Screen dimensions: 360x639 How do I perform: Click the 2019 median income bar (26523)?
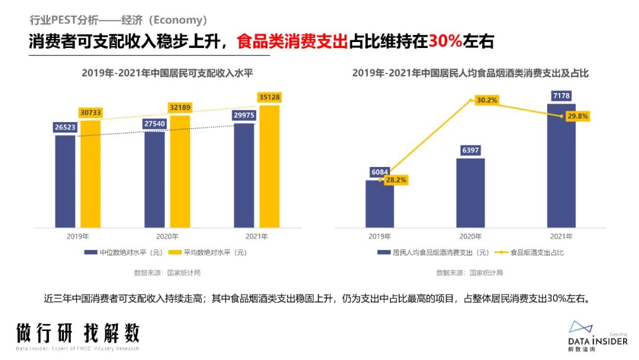(65, 181)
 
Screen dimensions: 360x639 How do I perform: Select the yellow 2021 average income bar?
(269, 166)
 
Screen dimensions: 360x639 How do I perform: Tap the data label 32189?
(180, 107)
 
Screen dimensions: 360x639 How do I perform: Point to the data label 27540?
(154, 123)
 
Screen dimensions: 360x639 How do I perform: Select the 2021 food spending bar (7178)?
(561, 166)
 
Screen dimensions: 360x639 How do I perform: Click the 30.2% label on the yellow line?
(486, 101)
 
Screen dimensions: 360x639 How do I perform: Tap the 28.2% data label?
(396, 180)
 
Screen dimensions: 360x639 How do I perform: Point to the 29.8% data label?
(577, 116)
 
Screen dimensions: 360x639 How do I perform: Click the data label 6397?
(470, 150)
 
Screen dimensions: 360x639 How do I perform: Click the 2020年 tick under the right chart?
(470, 236)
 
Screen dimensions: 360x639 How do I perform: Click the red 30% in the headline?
(446, 41)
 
